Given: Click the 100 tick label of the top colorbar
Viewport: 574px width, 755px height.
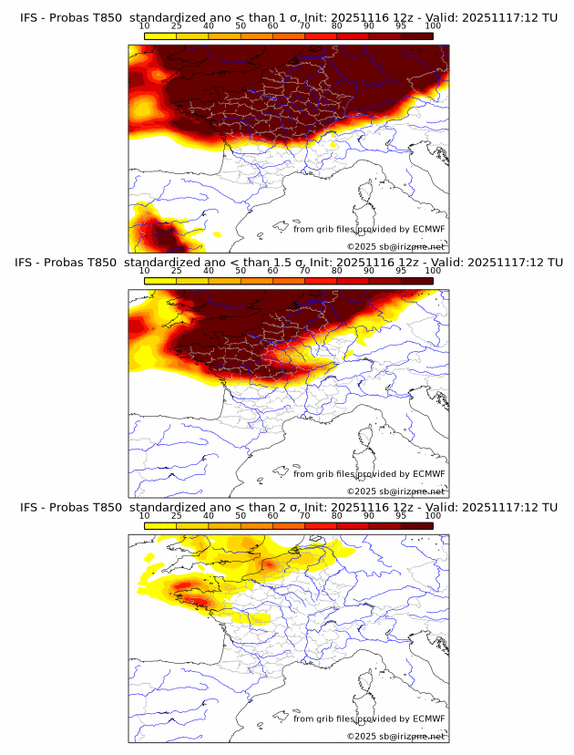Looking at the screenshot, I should [x=433, y=26].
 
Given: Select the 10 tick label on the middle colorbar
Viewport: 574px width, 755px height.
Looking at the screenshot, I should [x=145, y=271].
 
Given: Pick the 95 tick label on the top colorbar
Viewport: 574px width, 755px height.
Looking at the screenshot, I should [x=401, y=26].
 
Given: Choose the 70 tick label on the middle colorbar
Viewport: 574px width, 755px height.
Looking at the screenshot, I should [x=304, y=271].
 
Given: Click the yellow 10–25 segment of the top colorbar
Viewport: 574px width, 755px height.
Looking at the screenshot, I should [x=160, y=36].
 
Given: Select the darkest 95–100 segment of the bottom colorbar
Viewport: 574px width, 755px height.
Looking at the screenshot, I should [x=417, y=526].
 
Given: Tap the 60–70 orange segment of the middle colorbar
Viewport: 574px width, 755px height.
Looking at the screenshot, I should [x=289, y=281].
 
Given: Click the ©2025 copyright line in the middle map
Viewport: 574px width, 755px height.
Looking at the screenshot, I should [x=395, y=491].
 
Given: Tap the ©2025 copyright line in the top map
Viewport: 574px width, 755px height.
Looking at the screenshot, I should [x=395, y=246].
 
